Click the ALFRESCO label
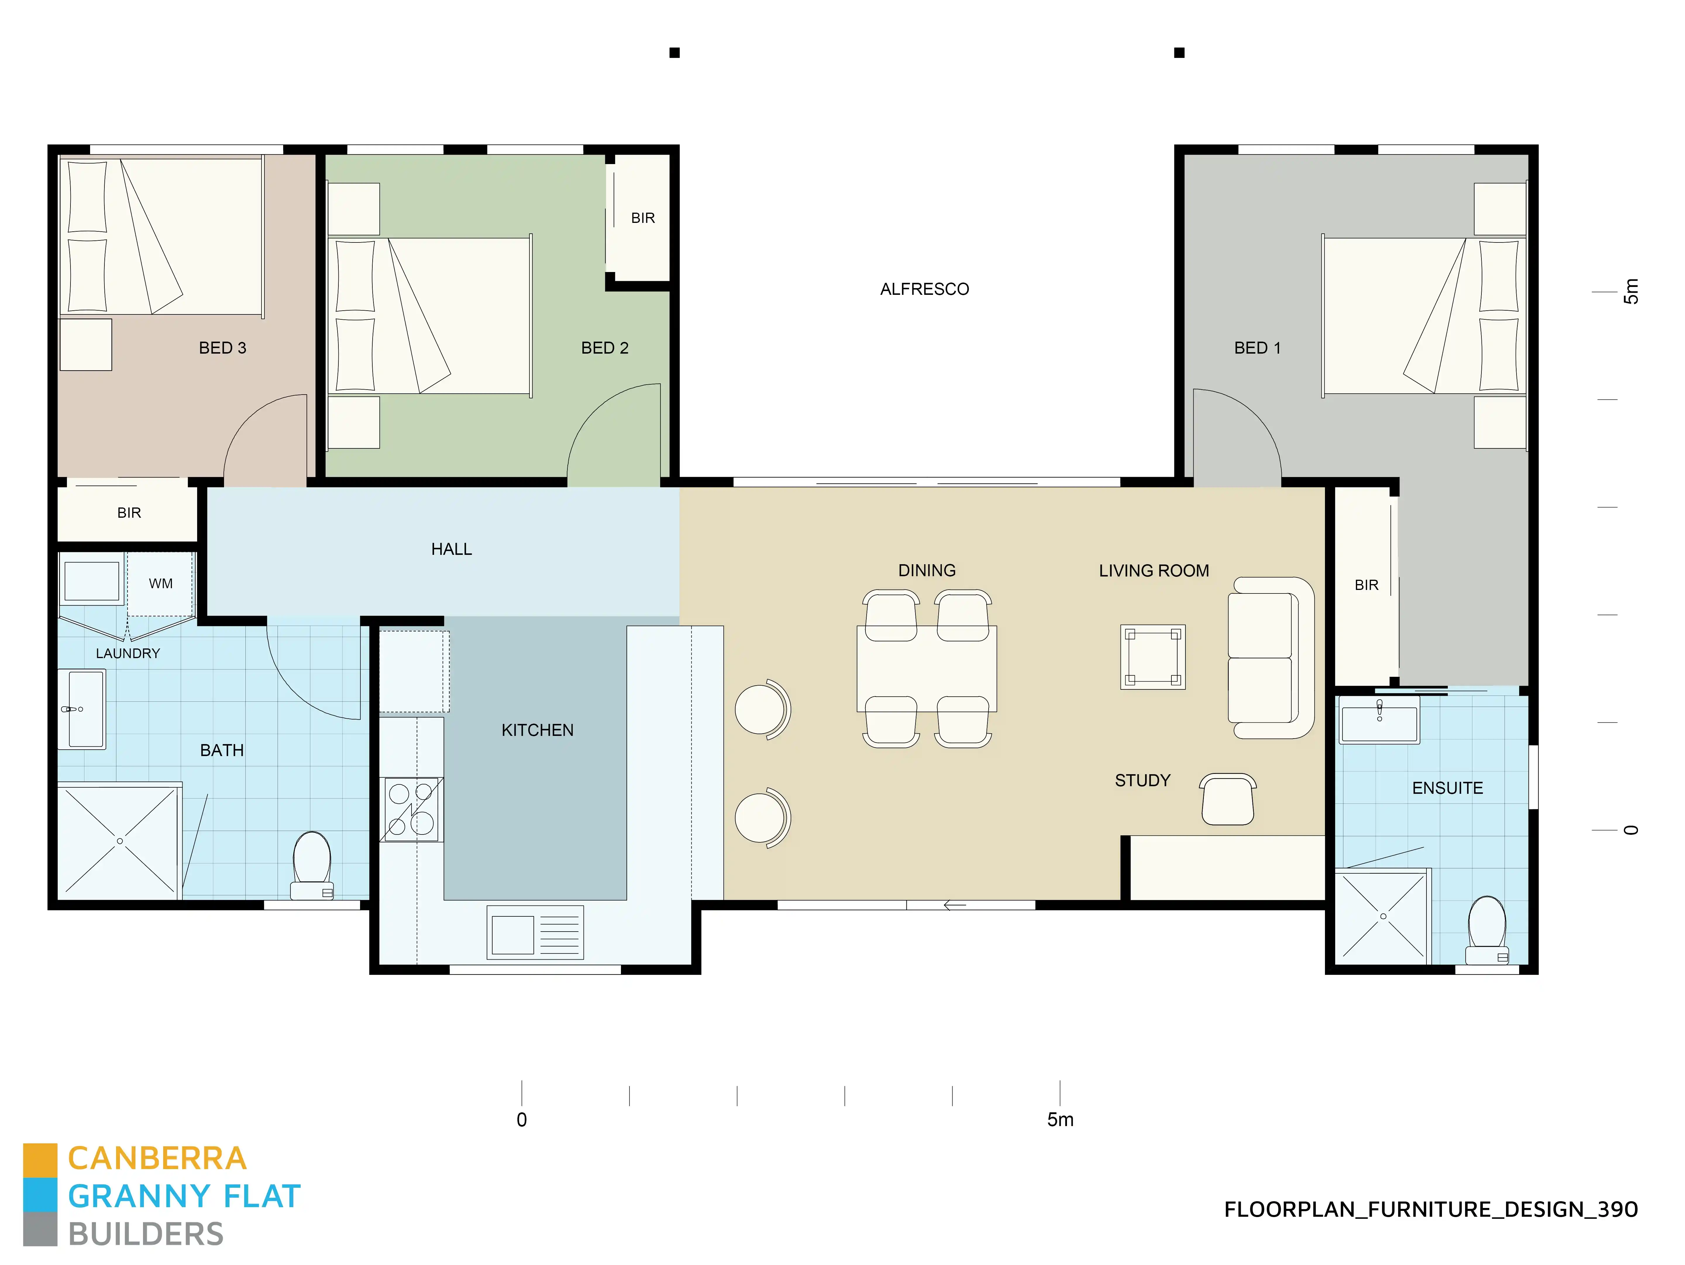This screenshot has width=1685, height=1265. coord(924,289)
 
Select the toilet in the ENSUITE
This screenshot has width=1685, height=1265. coord(1486,931)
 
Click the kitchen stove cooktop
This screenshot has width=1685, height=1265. coord(411,809)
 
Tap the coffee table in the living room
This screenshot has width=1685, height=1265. coord(1153,657)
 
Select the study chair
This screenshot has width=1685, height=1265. coord(1227,800)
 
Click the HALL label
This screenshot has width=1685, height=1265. coord(451,549)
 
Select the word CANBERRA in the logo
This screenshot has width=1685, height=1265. coord(157,1158)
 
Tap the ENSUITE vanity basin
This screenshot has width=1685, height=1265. coord(1379,724)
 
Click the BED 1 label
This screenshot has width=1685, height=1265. coord(1257,348)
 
